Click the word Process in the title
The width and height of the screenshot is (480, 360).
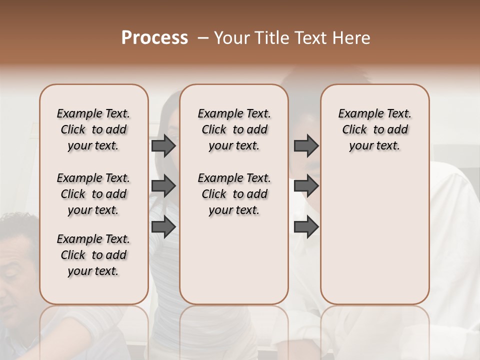(x=154, y=38)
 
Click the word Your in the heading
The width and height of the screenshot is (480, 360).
(x=232, y=38)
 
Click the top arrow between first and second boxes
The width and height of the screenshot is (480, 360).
(x=163, y=145)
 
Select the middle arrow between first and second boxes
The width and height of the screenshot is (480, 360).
(x=163, y=186)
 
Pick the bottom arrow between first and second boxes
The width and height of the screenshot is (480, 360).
(x=163, y=227)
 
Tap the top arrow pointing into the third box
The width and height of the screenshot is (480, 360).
(x=306, y=145)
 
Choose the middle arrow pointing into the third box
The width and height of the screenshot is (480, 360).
(x=306, y=186)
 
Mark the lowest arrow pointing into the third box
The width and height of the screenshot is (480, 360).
(x=306, y=227)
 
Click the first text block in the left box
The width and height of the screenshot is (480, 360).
(x=93, y=129)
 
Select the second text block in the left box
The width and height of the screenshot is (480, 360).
(x=93, y=194)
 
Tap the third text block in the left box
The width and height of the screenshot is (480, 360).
(x=93, y=255)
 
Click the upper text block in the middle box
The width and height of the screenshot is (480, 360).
(x=234, y=129)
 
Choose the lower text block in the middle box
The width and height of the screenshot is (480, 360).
(x=234, y=194)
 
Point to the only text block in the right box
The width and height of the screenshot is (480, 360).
(x=374, y=129)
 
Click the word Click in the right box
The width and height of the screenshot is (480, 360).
(x=354, y=130)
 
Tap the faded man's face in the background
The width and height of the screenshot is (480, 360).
(x=17, y=260)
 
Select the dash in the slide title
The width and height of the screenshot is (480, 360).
(x=203, y=38)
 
